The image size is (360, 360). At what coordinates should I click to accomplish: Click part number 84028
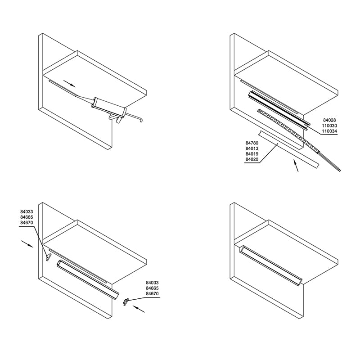pyautogui.click(x=329, y=120)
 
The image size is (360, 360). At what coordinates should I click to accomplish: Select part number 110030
pyautogui.click(x=329, y=126)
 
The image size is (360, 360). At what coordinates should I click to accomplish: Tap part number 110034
pyautogui.click(x=329, y=131)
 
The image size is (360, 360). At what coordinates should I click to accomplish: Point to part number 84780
pyautogui.click(x=252, y=143)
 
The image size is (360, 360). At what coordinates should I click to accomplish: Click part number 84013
pyautogui.click(x=252, y=148)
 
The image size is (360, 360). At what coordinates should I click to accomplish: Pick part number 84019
pyautogui.click(x=252, y=154)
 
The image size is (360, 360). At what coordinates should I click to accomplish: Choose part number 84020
pyautogui.click(x=252, y=159)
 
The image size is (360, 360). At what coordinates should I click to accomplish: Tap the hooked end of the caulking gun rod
pyautogui.click(x=140, y=120)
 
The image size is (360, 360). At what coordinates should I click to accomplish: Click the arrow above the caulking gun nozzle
pyautogui.click(x=69, y=84)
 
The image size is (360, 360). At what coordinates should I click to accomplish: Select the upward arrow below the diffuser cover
pyautogui.click(x=296, y=166)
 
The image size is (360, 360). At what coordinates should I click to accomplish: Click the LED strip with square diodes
pyautogui.click(x=288, y=130)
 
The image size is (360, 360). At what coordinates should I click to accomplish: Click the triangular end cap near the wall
pyautogui.click(x=48, y=257)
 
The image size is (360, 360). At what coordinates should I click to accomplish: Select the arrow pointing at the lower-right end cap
pyautogui.click(x=139, y=309)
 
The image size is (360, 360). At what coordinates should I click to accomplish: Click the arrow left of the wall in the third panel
pyautogui.click(x=27, y=244)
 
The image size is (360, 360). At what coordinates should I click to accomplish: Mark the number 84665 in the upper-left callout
pyautogui.click(x=27, y=217)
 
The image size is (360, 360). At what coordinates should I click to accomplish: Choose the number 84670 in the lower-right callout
pyautogui.click(x=152, y=294)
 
